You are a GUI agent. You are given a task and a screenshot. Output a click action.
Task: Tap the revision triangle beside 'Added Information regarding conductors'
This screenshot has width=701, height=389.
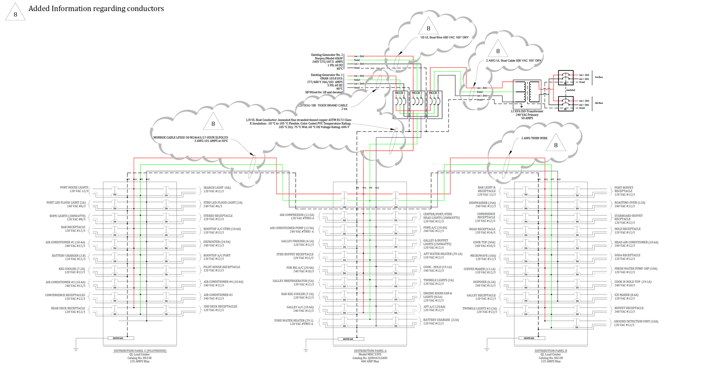point(15,12)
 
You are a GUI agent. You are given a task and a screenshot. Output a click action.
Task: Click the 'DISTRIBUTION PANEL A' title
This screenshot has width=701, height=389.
point(370,351)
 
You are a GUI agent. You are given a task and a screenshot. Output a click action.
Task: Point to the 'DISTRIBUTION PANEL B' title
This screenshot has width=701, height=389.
point(550,351)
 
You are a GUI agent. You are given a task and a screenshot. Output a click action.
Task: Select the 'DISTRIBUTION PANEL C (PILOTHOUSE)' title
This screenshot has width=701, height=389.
point(139,351)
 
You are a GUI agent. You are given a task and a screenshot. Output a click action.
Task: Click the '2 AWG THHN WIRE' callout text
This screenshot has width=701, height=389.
point(534,138)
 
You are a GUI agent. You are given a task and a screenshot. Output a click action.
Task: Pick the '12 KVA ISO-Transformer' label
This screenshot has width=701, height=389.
point(527,112)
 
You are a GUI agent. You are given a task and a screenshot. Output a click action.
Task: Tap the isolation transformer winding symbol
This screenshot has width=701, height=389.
point(525,91)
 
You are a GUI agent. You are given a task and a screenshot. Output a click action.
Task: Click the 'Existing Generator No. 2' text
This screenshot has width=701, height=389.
point(327,55)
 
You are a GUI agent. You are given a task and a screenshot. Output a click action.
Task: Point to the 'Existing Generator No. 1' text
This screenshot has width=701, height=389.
point(327,75)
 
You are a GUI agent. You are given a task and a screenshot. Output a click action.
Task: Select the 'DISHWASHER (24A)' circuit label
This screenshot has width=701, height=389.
point(482,203)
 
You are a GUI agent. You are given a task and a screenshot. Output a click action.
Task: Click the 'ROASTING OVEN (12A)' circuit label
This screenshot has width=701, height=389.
point(630,203)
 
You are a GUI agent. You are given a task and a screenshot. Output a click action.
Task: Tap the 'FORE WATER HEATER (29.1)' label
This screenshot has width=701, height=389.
point(294,321)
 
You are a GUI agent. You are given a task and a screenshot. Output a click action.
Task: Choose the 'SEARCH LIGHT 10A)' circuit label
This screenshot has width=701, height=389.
point(217,188)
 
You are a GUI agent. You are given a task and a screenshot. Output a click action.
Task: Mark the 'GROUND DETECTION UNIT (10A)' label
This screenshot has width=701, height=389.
point(636,322)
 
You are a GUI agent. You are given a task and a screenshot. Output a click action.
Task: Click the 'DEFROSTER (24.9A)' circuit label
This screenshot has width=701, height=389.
point(217,242)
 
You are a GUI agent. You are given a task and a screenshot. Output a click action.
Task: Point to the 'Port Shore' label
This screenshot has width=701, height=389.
point(599,77)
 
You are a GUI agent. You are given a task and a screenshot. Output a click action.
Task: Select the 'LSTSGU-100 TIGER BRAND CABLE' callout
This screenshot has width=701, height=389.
point(323,106)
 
